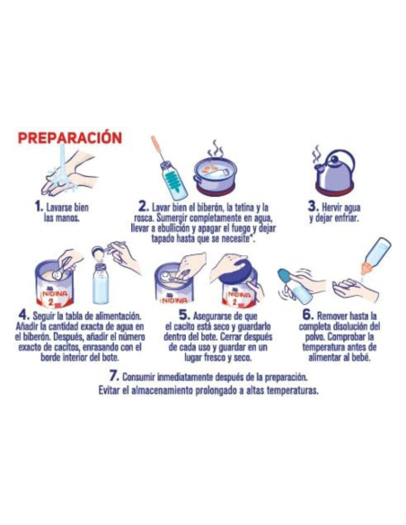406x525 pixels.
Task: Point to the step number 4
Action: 24,316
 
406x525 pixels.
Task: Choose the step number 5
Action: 185,316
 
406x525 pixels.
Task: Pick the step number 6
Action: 307,316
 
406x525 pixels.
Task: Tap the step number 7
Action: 113,375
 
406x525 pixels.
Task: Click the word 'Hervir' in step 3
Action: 333,207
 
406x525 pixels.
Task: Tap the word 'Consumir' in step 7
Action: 146,377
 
